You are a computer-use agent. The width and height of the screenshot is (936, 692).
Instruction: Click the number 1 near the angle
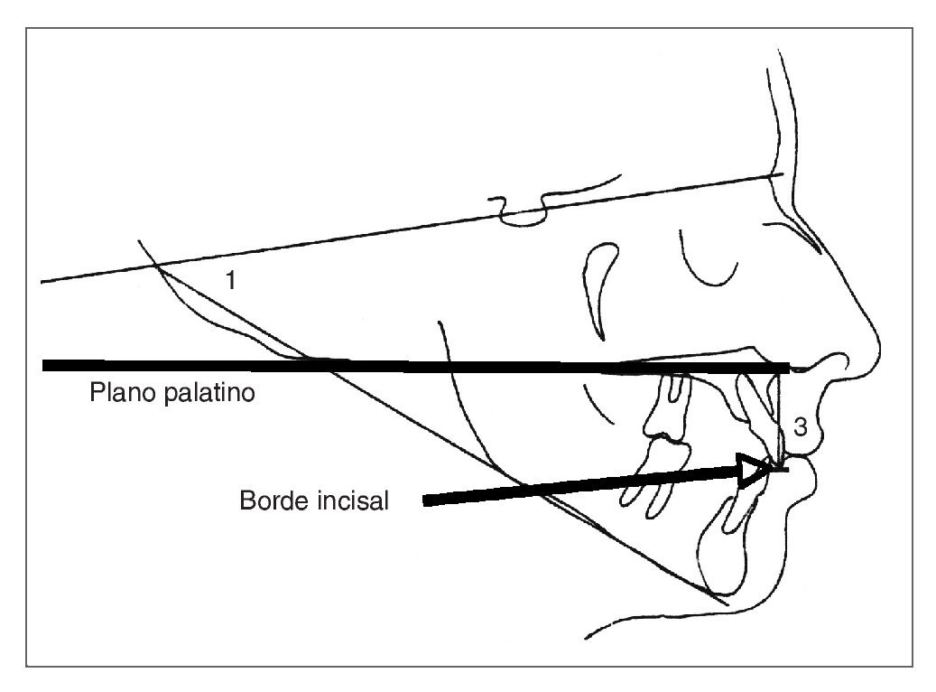[231, 281]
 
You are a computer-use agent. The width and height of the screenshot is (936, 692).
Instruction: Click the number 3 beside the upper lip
[800, 429]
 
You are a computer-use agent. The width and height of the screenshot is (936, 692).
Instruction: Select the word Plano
[119, 394]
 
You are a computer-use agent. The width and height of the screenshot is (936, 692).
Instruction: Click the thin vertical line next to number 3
[781, 416]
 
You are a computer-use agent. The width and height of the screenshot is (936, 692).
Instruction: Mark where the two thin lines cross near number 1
[155, 266]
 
